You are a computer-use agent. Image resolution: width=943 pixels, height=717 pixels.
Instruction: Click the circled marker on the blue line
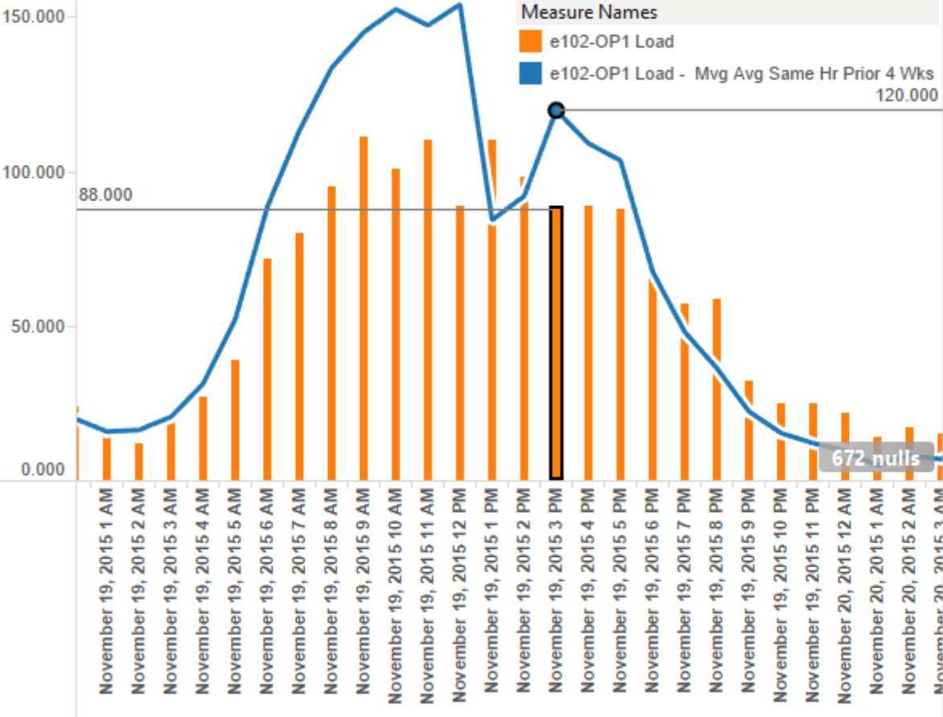(556, 110)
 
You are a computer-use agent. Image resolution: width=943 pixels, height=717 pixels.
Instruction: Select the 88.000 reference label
(106, 196)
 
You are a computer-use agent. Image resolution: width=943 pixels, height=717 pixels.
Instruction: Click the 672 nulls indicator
(875, 459)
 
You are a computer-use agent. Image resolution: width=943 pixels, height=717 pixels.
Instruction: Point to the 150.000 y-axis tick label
(34, 17)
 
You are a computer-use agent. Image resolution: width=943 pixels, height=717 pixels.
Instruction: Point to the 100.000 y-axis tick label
(34, 172)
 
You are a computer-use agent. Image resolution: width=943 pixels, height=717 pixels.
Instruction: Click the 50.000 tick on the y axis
(38, 327)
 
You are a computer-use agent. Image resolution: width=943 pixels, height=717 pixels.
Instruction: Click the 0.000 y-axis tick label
(42, 469)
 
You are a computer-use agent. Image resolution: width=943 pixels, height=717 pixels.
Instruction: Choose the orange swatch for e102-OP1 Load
(531, 42)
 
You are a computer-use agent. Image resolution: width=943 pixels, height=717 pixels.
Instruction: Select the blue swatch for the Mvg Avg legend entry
(531, 74)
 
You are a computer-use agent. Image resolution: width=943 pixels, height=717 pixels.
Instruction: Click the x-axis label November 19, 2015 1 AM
(106, 600)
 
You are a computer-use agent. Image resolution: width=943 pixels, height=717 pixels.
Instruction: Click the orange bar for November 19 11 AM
(428, 310)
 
